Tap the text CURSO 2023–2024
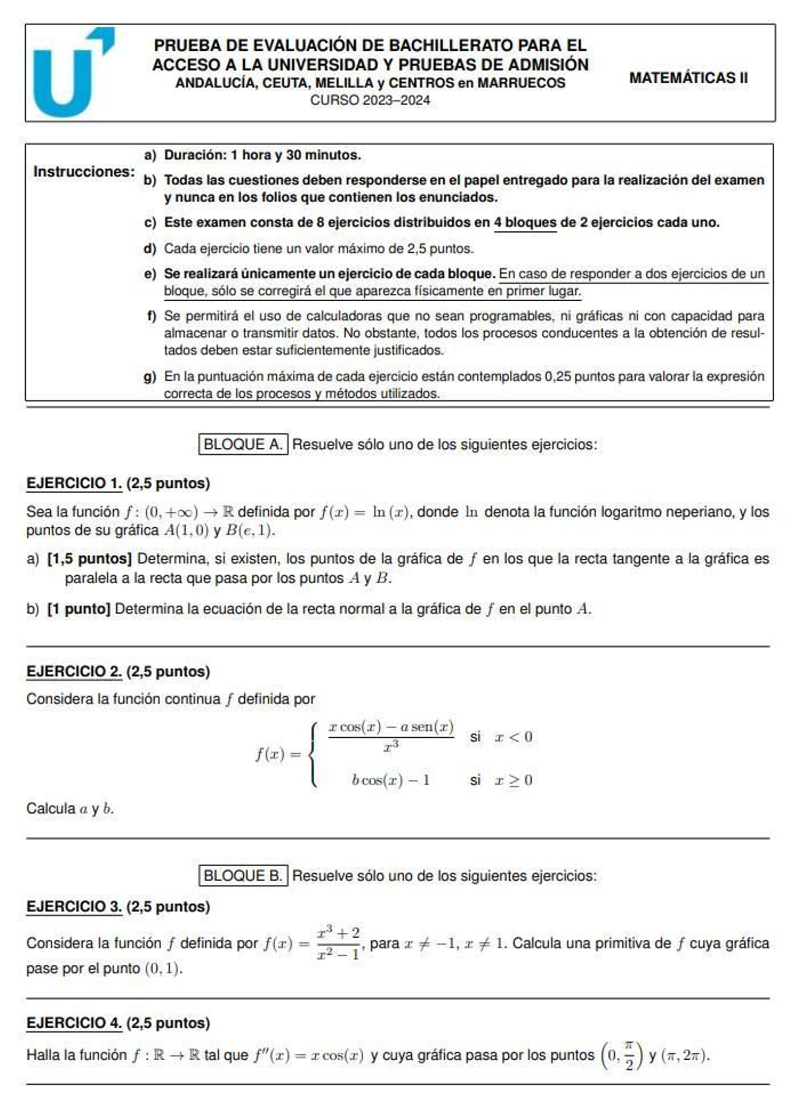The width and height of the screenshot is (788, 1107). coord(369,100)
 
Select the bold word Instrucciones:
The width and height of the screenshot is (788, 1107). coord(84,172)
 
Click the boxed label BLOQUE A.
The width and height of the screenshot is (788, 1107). coord(243,444)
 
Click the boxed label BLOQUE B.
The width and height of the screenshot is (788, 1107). coord(243,876)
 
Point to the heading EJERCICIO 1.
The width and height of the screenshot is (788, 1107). coord(74,483)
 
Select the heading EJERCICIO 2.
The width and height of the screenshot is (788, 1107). coord(74,671)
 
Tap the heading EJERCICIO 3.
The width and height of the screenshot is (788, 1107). coord(74,906)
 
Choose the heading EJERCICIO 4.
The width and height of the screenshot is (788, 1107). coord(74,1023)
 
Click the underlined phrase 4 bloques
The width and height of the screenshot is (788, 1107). coord(525,222)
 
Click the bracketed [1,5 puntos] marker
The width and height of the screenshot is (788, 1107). coord(89,559)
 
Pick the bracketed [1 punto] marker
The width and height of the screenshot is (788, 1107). coord(79,609)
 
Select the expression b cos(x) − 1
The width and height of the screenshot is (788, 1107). coord(390,780)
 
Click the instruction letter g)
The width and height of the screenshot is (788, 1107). coord(150,377)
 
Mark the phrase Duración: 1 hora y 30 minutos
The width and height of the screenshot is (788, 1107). coord(262,155)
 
